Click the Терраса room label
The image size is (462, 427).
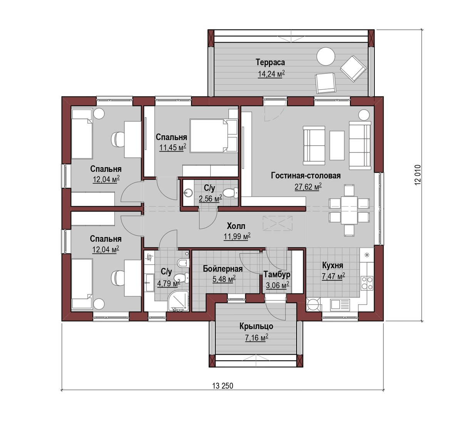pyautogui.click(x=270, y=62)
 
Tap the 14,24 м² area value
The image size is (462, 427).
pyautogui.click(x=271, y=74)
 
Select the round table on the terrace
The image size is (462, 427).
pyautogui.click(x=326, y=57)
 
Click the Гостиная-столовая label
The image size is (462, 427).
pyautogui.click(x=306, y=175)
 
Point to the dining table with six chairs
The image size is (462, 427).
pyautogui.click(x=349, y=210)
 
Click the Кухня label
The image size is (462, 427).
pyautogui.click(x=332, y=265)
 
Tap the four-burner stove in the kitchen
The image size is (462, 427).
pyautogui.click(x=367, y=283)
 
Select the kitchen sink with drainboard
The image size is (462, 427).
pyautogui.click(x=340, y=305)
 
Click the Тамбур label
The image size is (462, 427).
pyautogui.click(x=277, y=275)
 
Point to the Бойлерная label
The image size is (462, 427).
pyautogui.click(x=223, y=269)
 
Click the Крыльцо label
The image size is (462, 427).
pyautogui.click(x=256, y=326)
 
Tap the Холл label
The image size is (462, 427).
pyautogui.click(x=236, y=226)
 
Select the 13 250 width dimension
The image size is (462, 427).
pyautogui.click(x=223, y=386)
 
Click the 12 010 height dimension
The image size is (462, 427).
pyautogui.click(x=418, y=175)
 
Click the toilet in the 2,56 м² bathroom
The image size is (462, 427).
pyautogui.click(x=231, y=193)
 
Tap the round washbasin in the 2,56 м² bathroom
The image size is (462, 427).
pyautogui.click(x=188, y=192)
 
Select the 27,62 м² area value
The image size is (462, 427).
pyautogui.click(x=308, y=187)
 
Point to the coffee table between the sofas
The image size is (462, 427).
pyautogui.click(x=337, y=145)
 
